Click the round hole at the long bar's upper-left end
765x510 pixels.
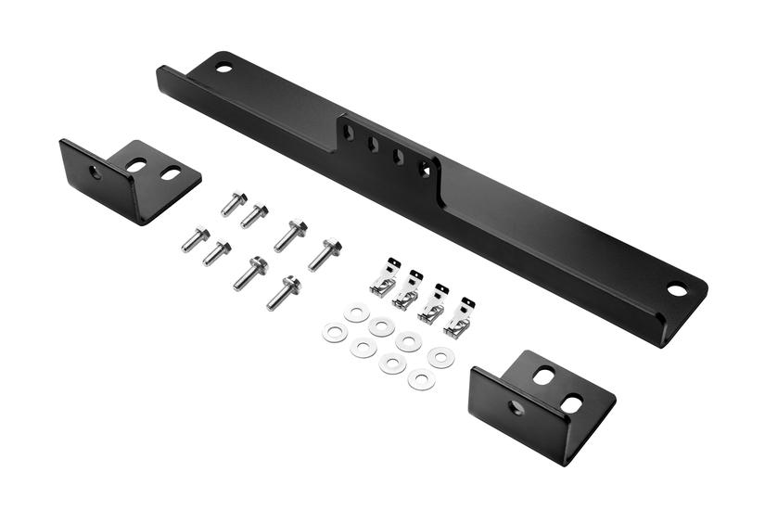[223, 67]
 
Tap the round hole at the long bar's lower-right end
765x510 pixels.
[677, 289]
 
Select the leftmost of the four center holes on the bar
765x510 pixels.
[348, 133]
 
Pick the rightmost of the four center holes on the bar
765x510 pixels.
[425, 169]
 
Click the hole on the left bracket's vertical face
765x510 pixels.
[95, 172]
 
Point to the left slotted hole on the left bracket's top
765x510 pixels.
[136, 165]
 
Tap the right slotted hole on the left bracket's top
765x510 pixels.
[171, 172]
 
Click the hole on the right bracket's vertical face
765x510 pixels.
[516, 407]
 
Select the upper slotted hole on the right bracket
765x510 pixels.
[544, 376]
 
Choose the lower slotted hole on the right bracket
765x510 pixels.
[572, 403]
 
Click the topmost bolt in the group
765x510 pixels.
[234, 203]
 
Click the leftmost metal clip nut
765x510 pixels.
[385, 279]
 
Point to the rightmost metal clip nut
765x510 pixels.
[460, 318]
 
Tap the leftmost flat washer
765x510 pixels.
[334, 332]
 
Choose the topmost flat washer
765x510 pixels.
[356, 313]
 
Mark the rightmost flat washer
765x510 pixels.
[441, 357]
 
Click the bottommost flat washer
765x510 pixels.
[421, 378]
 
